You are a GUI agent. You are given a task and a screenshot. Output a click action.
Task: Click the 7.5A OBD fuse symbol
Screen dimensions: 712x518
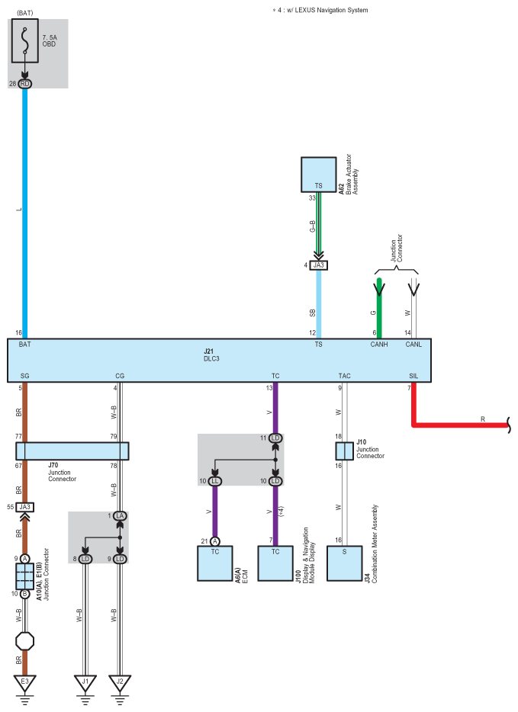tap(27, 43)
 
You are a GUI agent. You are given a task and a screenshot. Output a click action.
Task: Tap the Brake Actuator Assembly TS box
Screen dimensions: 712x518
tap(318, 175)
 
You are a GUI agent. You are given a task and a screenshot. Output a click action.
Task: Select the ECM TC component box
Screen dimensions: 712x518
tap(215, 563)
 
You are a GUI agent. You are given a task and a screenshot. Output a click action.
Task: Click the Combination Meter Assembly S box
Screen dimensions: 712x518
tap(344, 563)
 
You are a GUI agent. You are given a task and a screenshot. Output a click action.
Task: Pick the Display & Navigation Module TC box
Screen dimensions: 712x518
tap(275, 563)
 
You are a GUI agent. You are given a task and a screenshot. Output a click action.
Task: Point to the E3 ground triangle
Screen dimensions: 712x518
tap(25, 681)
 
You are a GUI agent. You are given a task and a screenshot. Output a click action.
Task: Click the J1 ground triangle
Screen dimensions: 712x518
tap(85, 681)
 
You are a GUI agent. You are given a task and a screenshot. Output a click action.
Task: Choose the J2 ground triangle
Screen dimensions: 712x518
tap(120, 681)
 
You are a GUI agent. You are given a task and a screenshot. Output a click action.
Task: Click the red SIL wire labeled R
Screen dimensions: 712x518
tap(458, 425)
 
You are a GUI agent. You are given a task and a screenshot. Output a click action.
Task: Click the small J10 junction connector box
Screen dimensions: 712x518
tap(344, 451)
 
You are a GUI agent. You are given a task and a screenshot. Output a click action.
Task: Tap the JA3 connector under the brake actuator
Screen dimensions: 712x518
tap(318, 265)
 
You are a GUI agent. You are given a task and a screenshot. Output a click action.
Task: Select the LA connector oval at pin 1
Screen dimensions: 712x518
tap(120, 516)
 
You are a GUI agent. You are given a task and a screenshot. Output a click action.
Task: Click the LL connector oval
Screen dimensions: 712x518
tap(215, 481)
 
